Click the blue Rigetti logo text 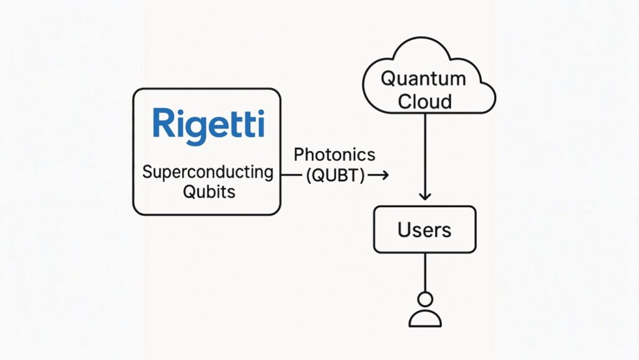pos(208,123)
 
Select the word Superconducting pos(208,172)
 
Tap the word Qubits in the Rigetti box pos(208,192)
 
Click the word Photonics pos(334,155)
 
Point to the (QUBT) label pos(335,176)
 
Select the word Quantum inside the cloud pos(423,79)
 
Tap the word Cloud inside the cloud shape pos(424,101)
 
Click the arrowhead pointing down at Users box pos(424,195)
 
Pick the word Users pos(424,230)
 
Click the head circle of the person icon pos(425,299)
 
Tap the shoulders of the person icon pos(425,319)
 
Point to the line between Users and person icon pos(425,272)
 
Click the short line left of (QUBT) pos(291,176)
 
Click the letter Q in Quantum pos(388,79)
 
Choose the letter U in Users pos(404,230)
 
